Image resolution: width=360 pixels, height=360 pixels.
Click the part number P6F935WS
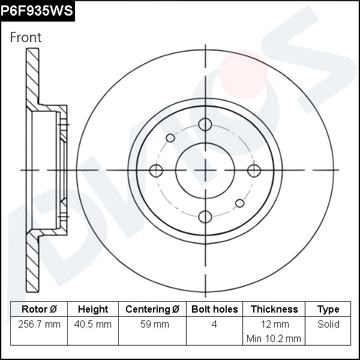(37, 10)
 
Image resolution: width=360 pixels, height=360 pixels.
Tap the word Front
(26, 37)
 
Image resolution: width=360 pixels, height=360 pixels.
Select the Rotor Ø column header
(39, 310)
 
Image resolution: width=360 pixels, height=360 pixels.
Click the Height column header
(93, 310)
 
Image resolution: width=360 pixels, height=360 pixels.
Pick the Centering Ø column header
(152, 310)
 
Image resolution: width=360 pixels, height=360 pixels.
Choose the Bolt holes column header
(214, 310)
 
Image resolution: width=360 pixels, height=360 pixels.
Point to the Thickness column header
(274, 310)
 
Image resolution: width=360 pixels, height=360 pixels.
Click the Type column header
(328, 310)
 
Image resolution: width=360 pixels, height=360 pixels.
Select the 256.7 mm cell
(39, 325)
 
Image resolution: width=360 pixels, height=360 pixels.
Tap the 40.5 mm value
(93, 325)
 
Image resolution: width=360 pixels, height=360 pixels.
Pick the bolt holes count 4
(214, 325)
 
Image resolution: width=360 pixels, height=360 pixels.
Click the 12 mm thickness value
(274, 325)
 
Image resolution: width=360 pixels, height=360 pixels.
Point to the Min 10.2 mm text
(274, 338)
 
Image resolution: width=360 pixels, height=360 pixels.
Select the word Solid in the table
(328, 325)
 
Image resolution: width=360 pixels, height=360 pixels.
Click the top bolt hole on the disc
(205, 124)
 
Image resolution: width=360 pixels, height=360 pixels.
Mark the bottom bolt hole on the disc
(205, 217)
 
